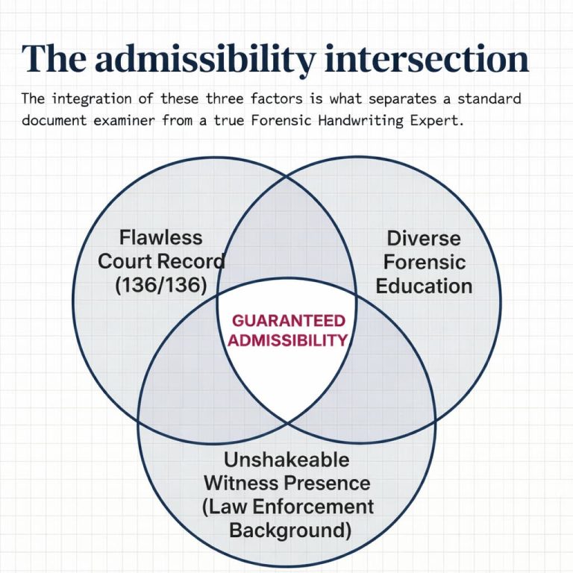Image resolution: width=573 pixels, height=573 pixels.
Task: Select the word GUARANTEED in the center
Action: click(x=288, y=321)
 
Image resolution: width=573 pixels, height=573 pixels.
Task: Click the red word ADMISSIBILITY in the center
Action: click(x=288, y=340)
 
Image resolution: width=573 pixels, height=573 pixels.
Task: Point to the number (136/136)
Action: click(x=160, y=285)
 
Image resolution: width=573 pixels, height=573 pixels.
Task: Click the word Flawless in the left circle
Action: click(x=160, y=237)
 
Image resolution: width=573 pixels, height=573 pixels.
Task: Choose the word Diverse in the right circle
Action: click(x=423, y=238)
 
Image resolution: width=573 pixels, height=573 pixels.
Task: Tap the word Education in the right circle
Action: click(x=424, y=286)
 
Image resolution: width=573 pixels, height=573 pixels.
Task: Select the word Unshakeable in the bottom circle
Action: click(x=286, y=458)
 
